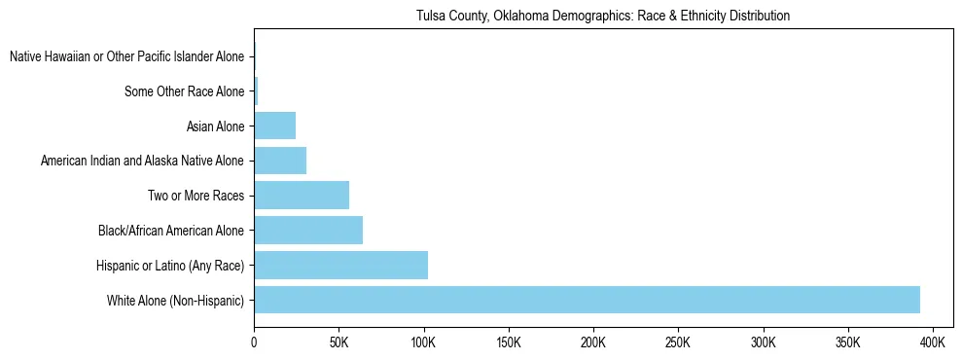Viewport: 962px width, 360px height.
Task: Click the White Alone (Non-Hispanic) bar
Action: tap(587, 300)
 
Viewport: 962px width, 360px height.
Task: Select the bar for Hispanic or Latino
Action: tap(340, 265)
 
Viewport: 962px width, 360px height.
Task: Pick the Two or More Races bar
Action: tap(302, 196)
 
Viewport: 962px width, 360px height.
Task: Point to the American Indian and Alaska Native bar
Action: tap(280, 161)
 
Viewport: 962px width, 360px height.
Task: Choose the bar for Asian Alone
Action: tap(274, 126)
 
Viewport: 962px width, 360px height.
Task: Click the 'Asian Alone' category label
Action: tap(216, 126)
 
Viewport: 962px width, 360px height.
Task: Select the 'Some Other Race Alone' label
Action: tap(185, 91)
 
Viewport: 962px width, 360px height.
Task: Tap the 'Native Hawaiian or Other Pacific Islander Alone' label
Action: tap(127, 56)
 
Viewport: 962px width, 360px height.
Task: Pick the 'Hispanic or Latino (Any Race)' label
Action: tap(171, 266)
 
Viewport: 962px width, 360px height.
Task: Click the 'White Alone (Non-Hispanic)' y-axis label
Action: tap(176, 301)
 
